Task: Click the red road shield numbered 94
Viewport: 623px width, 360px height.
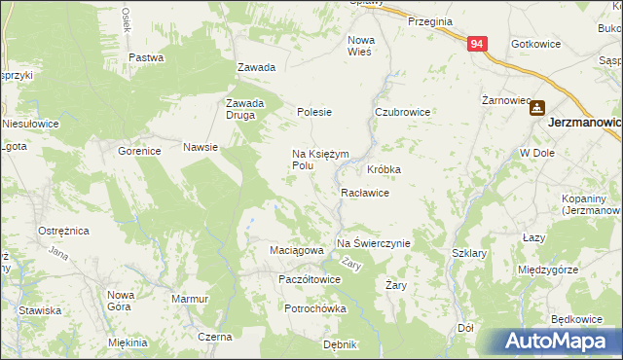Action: click(476, 45)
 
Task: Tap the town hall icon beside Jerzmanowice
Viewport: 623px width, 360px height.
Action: click(536, 110)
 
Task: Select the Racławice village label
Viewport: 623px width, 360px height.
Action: click(365, 193)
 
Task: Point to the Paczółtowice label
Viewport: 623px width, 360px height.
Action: click(309, 278)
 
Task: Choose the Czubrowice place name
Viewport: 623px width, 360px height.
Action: click(403, 112)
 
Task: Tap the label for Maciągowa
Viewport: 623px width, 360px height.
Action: click(296, 250)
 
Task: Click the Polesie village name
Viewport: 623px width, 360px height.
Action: click(314, 112)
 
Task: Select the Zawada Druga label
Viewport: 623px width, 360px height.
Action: click(245, 109)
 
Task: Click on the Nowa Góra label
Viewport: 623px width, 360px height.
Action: click(121, 300)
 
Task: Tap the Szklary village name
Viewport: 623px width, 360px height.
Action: click(469, 252)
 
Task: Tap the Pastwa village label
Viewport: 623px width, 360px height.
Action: click(145, 57)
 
